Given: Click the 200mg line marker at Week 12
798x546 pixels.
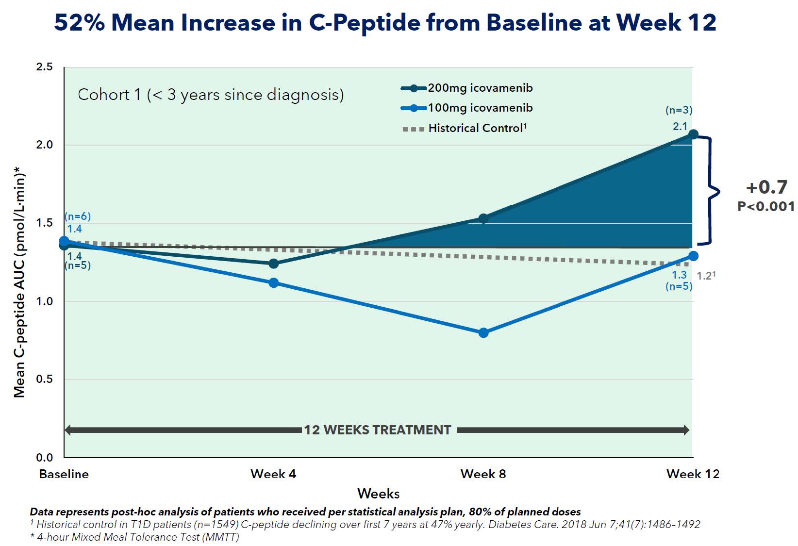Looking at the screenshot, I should click(693, 134).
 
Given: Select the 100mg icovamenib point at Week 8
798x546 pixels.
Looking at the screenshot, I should click(483, 332).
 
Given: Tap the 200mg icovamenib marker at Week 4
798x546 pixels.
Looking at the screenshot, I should click(274, 264).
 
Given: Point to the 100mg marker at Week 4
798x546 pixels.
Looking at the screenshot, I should click(274, 282).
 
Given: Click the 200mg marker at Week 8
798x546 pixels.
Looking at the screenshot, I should click(483, 218).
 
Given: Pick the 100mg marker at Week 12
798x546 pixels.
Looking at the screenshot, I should click(693, 256).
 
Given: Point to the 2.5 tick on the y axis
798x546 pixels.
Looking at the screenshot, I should click(44, 66).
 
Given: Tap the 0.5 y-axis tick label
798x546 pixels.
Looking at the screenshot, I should click(44, 379).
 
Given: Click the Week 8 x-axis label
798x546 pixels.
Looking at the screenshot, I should click(483, 474).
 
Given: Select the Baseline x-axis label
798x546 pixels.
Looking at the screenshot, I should click(64, 474).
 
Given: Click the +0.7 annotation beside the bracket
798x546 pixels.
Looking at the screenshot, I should click(766, 187).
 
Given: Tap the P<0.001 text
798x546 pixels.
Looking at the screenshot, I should click(766, 206).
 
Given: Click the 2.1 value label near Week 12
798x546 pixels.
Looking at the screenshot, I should click(680, 126).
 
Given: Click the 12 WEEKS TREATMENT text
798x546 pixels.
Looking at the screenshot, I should click(378, 430).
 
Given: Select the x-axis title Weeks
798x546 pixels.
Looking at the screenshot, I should click(378, 494).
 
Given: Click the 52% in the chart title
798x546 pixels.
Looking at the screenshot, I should click(80, 22).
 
